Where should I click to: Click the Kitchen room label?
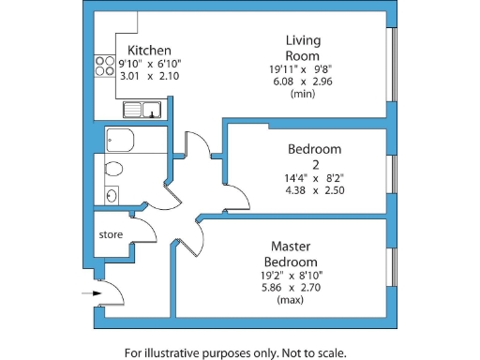click(148, 51)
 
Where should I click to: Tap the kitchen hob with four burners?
click(103, 66)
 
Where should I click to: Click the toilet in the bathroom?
click(113, 170)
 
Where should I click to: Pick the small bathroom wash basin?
click(112, 196)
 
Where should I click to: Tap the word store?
click(112, 234)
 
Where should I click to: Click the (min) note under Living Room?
click(303, 94)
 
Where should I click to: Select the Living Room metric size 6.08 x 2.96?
click(303, 81)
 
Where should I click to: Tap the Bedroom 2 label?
click(315, 156)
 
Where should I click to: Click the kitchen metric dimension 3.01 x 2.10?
click(148, 75)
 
